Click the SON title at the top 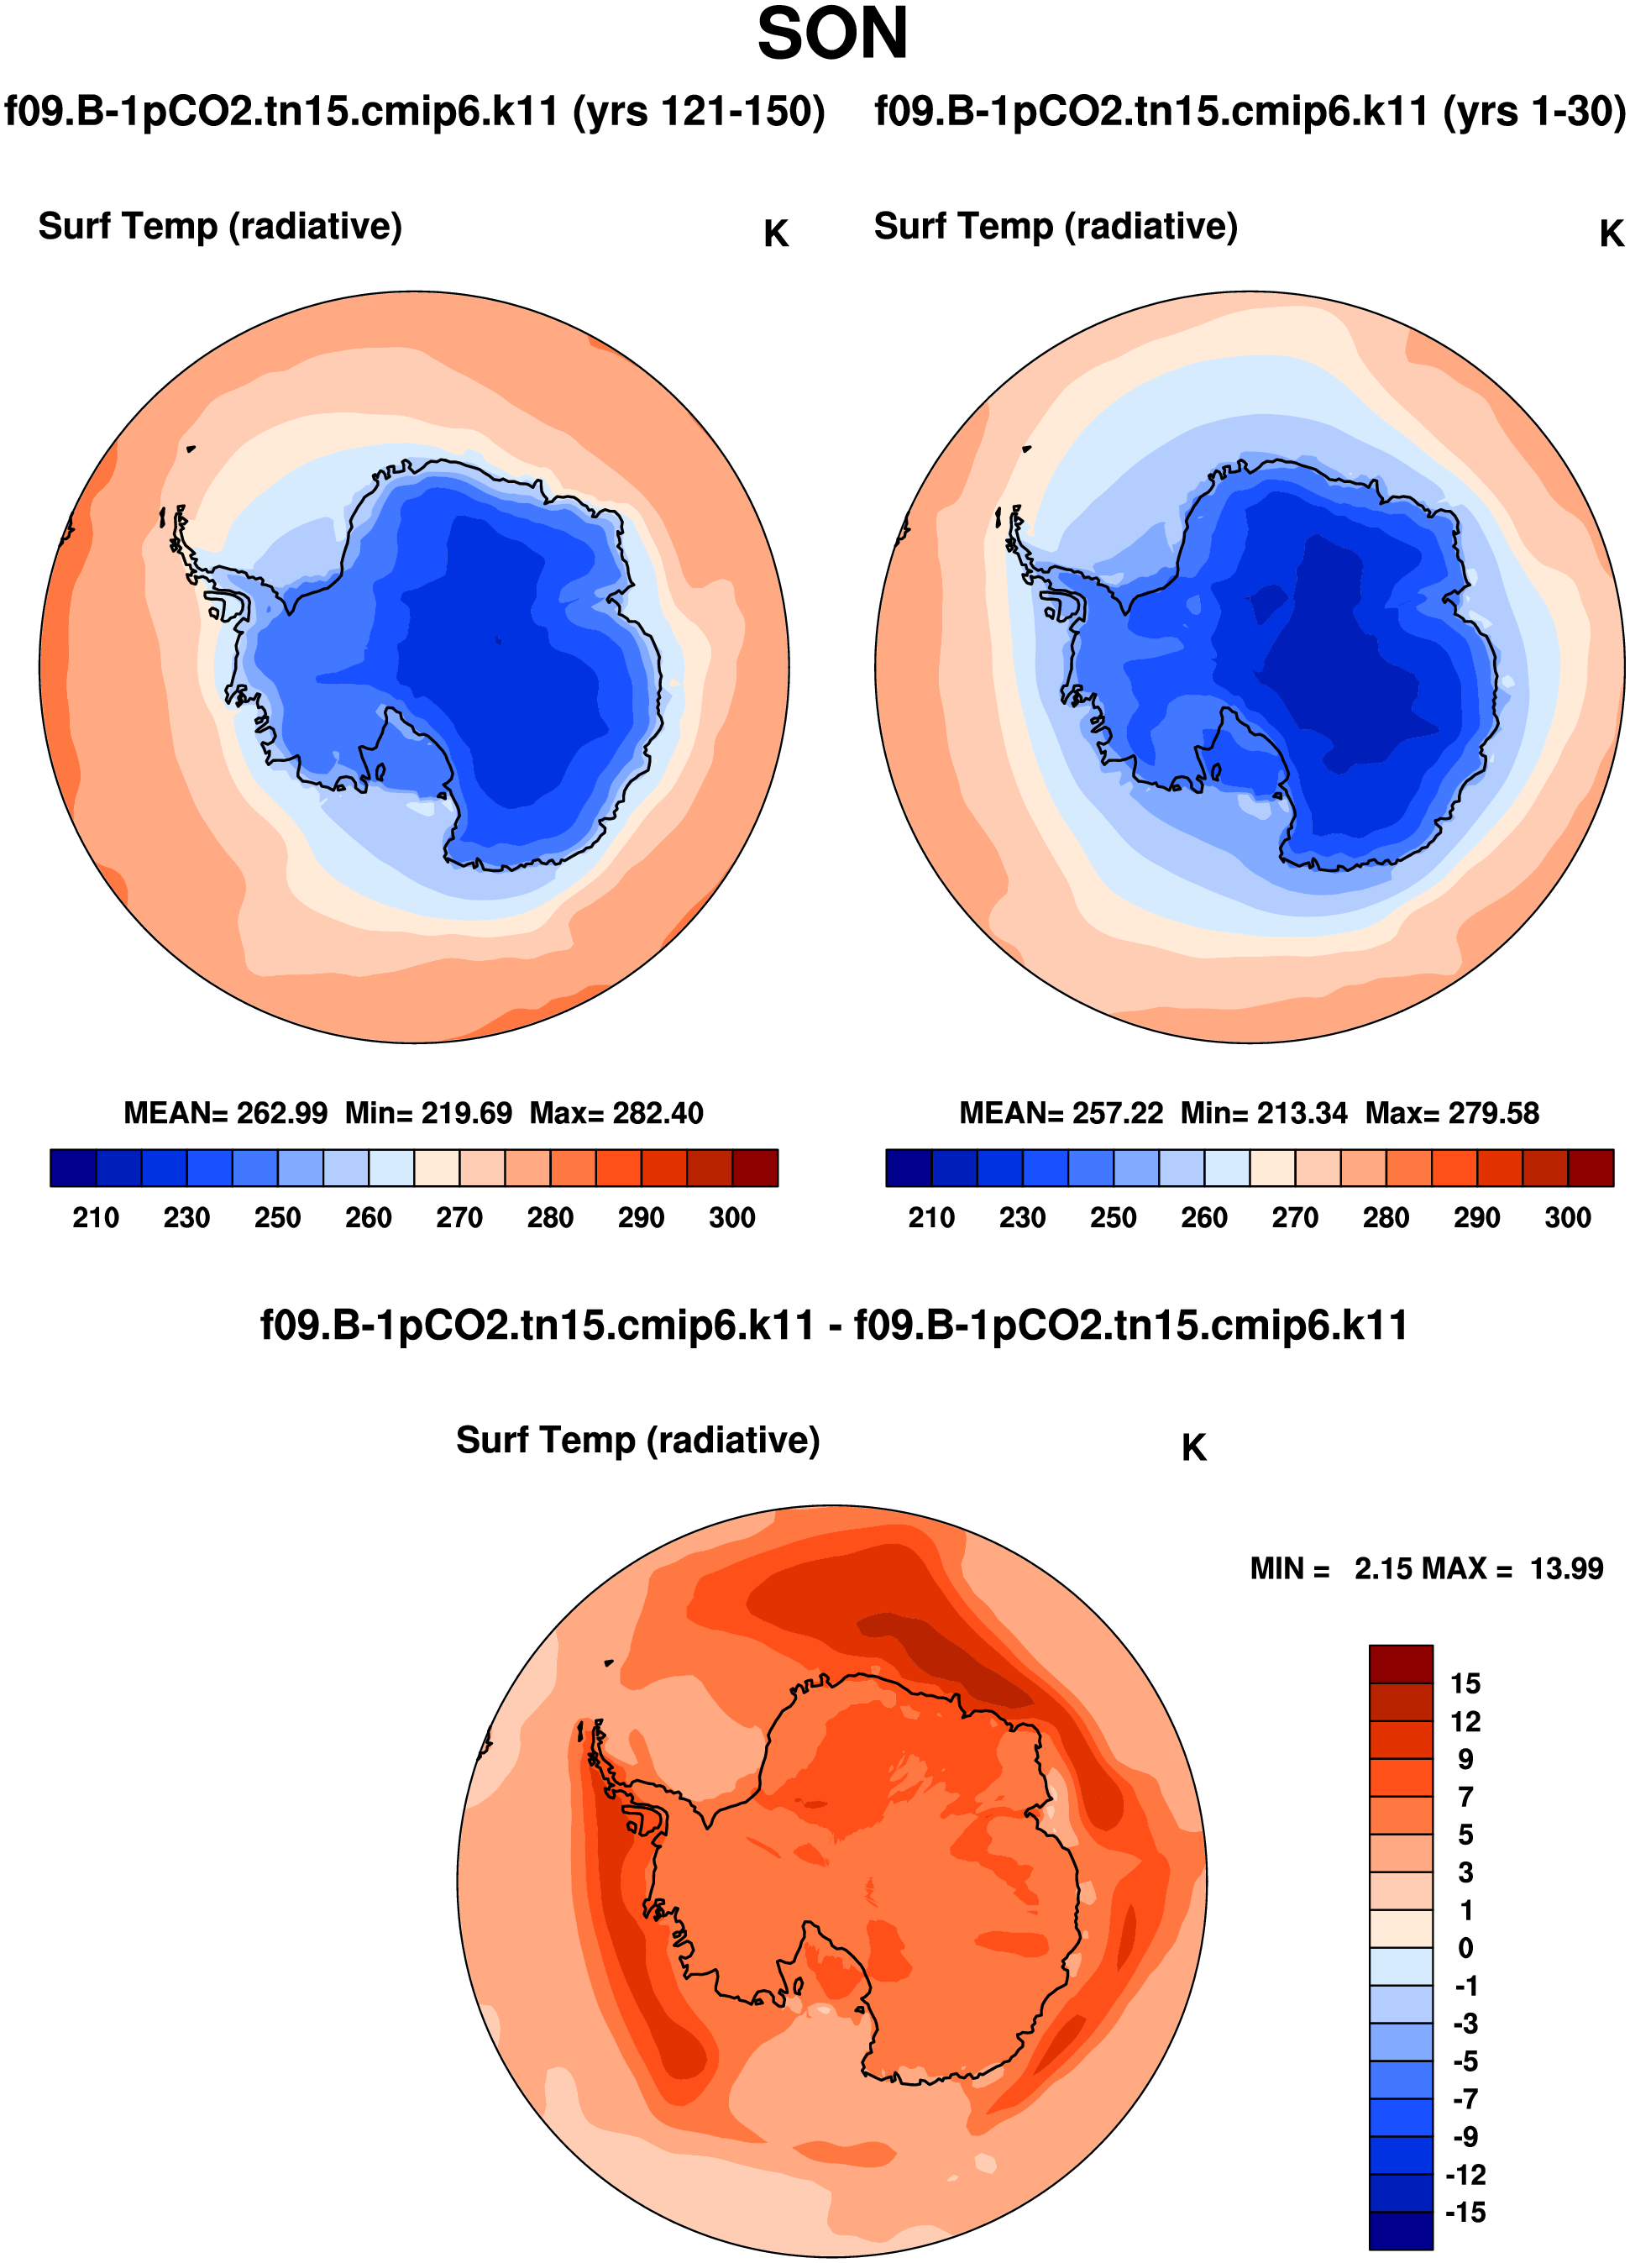(832, 34)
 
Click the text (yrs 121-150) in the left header (699, 111)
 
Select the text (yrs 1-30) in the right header (1534, 111)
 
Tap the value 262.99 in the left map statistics (282, 1114)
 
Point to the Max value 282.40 (659, 1114)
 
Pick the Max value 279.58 (1494, 1114)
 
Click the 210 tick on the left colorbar (96, 1218)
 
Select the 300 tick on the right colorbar (1567, 1218)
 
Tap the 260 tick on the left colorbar (368, 1218)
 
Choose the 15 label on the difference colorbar (1465, 1684)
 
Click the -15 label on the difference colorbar (1465, 2213)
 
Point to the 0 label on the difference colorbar (1465, 1949)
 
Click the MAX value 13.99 (1566, 1569)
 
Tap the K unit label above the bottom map (1193, 1448)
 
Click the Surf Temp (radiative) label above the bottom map (637, 1441)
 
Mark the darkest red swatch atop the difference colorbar (1401, 1664)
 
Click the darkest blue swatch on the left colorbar (73, 1168)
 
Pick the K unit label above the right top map (1611, 234)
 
